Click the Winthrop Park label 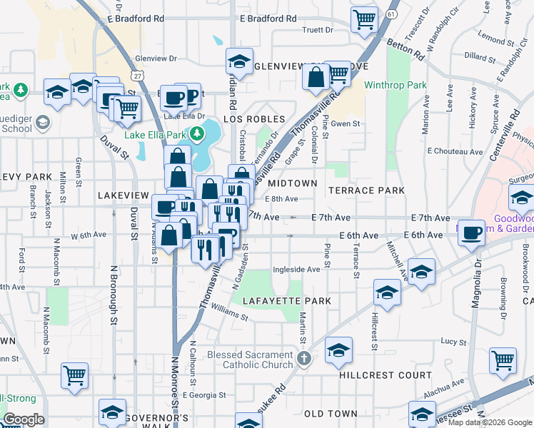pyautogui.click(x=395, y=86)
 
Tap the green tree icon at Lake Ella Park pyautogui.click(x=192, y=134)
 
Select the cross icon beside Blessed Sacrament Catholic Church pyautogui.click(x=303, y=359)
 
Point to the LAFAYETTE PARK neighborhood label pyautogui.click(x=286, y=301)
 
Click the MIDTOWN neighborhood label pyautogui.click(x=292, y=183)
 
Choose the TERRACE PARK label pyautogui.click(x=366, y=190)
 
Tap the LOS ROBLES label pyautogui.click(x=255, y=119)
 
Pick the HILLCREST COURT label pyautogui.click(x=386, y=374)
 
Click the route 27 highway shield pyautogui.click(x=136, y=75)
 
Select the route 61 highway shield pyautogui.click(x=391, y=14)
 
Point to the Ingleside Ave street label pyautogui.click(x=296, y=270)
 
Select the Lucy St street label pyautogui.click(x=453, y=342)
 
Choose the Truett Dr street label pyautogui.click(x=318, y=30)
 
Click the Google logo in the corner pyautogui.click(x=23, y=419)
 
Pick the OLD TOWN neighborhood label pyautogui.click(x=331, y=414)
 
